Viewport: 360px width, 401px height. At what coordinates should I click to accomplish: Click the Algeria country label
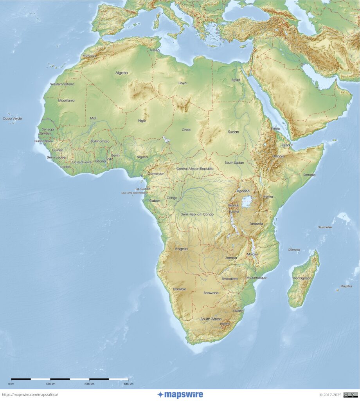pyautogui.click(x=121, y=73)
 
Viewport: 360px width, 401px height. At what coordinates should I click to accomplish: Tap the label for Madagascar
pyautogui.click(x=302, y=278)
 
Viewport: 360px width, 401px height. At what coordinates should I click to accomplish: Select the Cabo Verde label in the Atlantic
pyautogui.click(x=12, y=118)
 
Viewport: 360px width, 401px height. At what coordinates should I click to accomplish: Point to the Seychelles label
pyautogui.click(x=326, y=227)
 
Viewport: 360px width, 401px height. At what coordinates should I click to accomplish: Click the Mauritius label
pyautogui.click(x=346, y=286)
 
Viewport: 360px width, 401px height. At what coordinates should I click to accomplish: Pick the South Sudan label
pyautogui.click(x=234, y=163)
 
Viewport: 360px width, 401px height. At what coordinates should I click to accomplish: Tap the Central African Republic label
pyautogui.click(x=195, y=169)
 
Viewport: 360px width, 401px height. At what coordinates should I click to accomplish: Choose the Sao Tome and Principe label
pyautogui.click(x=134, y=193)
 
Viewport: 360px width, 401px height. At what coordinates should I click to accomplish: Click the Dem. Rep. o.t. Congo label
pyautogui.click(x=197, y=214)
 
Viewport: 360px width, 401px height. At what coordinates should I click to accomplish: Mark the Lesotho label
pyautogui.click(x=225, y=324)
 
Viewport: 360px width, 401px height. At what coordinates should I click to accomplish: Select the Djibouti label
pyautogui.click(x=287, y=145)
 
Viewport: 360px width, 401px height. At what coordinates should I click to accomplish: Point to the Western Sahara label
pyautogui.click(x=62, y=84)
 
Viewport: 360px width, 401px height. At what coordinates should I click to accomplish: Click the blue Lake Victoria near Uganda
pyautogui.click(x=247, y=202)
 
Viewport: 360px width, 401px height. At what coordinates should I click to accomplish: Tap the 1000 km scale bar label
pyautogui.click(x=50, y=384)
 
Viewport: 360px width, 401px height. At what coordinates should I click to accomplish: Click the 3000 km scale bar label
pyautogui.click(x=128, y=384)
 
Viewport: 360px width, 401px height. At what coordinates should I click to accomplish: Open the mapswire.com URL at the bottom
pyautogui.click(x=30, y=395)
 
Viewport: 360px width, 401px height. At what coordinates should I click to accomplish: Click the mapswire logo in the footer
pyautogui.click(x=180, y=394)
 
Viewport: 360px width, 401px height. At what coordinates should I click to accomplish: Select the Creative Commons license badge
pyautogui.click(x=351, y=395)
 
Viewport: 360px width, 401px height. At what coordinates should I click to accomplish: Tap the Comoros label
pyautogui.click(x=293, y=249)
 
